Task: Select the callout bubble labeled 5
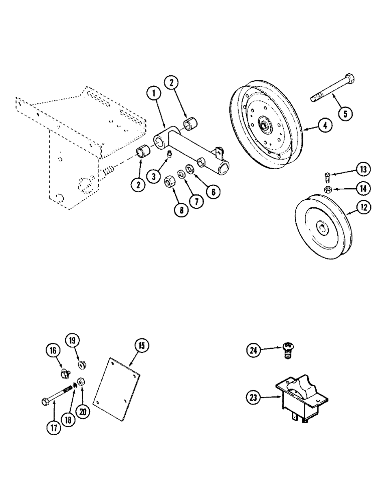(x=344, y=113)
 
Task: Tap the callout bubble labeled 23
(x=254, y=398)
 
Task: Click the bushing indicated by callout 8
(x=170, y=180)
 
